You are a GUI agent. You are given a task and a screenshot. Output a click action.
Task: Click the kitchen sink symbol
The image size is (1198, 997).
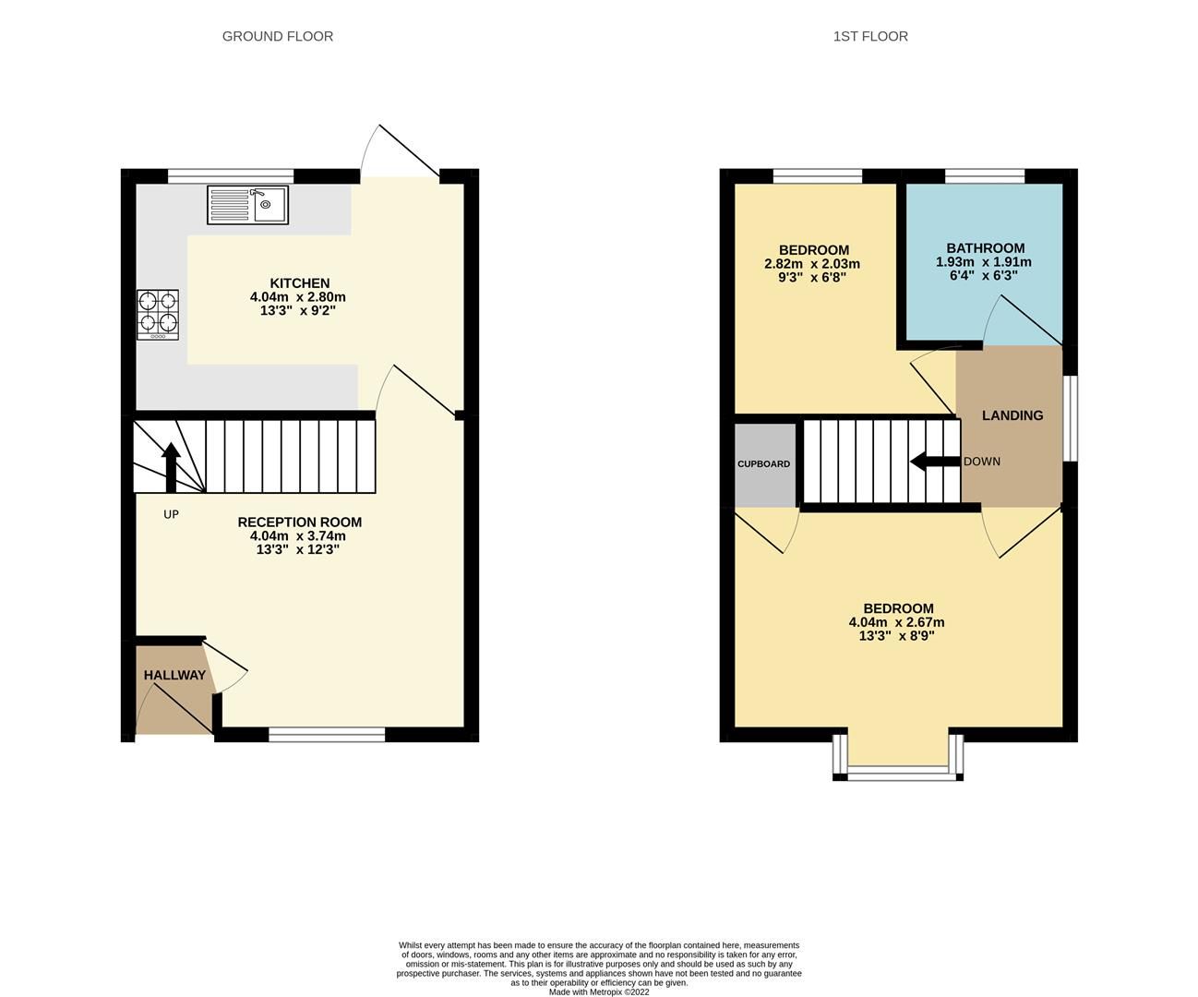(x=248, y=204)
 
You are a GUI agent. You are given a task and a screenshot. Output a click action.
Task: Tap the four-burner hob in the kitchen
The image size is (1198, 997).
(x=158, y=314)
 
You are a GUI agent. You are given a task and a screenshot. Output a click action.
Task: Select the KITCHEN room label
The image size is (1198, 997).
(x=299, y=283)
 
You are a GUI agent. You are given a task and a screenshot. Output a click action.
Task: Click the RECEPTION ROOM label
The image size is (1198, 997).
(x=299, y=523)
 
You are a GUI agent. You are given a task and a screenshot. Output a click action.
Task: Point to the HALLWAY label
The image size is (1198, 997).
(x=174, y=676)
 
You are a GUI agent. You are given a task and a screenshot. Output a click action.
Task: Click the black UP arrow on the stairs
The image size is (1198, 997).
(x=171, y=467)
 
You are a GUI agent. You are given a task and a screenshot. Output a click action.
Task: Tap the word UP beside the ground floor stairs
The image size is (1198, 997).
(x=171, y=514)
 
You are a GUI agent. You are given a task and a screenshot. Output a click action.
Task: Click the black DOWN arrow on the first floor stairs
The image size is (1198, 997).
(x=934, y=462)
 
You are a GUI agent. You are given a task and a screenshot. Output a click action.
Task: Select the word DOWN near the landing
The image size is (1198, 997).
(x=981, y=462)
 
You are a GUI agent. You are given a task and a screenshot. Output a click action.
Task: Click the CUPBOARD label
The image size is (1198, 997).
(x=763, y=463)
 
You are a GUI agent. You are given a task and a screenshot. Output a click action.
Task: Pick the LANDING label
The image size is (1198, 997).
(x=1012, y=415)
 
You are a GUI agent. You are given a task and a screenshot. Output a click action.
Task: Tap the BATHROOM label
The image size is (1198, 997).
(x=985, y=248)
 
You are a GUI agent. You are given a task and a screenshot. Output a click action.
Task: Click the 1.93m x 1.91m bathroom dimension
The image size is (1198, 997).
(x=985, y=262)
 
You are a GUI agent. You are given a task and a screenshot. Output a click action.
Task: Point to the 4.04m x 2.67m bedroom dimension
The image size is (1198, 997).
(x=897, y=622)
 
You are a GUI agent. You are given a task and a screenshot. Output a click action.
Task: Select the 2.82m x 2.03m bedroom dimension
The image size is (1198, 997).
(x=812, y=264)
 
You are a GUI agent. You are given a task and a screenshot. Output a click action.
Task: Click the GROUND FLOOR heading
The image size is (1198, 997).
(x=277, y=36)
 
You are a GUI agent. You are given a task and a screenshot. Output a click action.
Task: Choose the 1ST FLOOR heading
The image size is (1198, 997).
(x=869, y=36)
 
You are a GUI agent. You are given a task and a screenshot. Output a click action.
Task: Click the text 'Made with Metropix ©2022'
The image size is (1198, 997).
(x=599, y=992)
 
